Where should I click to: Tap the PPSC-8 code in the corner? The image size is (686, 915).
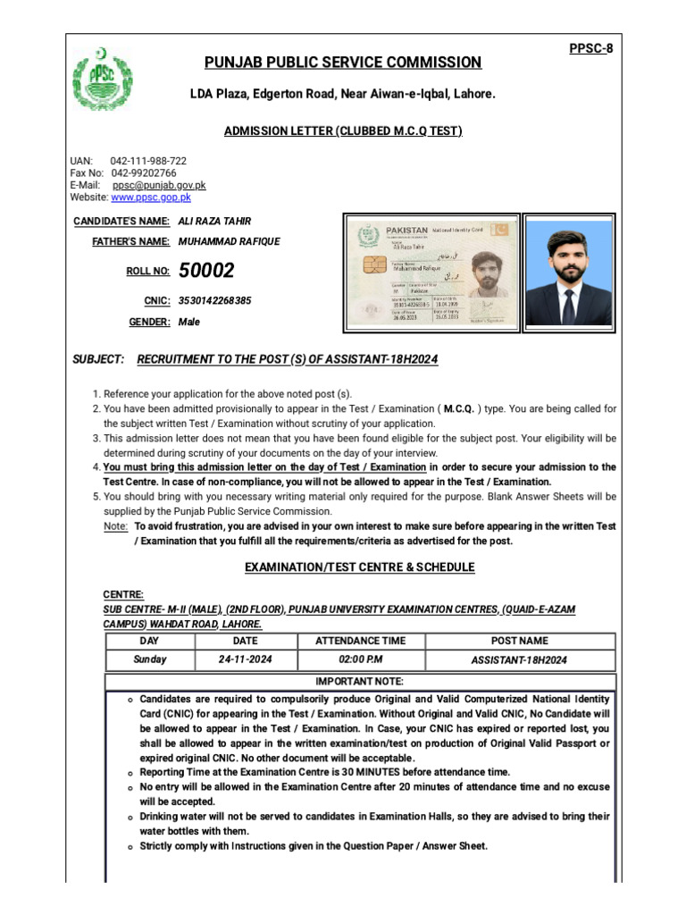point(591,48)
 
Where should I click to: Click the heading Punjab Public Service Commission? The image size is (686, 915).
point(342,63)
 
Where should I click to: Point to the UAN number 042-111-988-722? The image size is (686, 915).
point(148,161)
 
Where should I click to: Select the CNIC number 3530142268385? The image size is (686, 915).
point(214,301)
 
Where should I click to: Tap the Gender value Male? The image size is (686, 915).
point(189,322)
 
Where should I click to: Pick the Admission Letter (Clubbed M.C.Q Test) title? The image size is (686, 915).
point(342,131)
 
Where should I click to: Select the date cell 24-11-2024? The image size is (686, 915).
point(245,659)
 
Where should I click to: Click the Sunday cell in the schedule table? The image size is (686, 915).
point(149,659)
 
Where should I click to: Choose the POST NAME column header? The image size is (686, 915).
point(520,641)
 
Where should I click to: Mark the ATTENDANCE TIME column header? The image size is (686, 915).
point(360,641)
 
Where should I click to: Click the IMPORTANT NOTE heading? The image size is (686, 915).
point(360,682)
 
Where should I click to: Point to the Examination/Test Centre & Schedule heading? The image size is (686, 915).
point(359,567)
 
